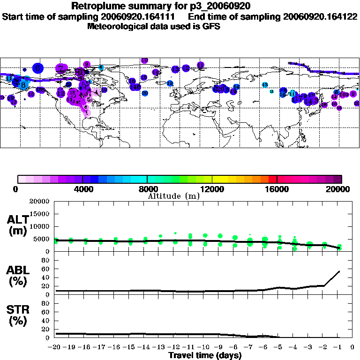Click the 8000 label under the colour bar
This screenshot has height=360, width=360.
(x=147, y=189)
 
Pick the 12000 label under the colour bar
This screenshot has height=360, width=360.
(x=212, y=189)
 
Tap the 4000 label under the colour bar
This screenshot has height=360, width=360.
(x=82, y=189)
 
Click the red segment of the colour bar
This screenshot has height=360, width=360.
(x=272, y=179)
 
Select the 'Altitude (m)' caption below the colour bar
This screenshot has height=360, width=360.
(x=174, y=196)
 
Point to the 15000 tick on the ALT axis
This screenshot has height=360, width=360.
(x=39, y=214)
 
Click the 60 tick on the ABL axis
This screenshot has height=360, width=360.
(x=46, y=269)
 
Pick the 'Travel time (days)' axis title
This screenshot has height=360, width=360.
(x=205, y=355)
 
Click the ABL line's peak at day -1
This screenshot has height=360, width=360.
(x=339, y=271)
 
